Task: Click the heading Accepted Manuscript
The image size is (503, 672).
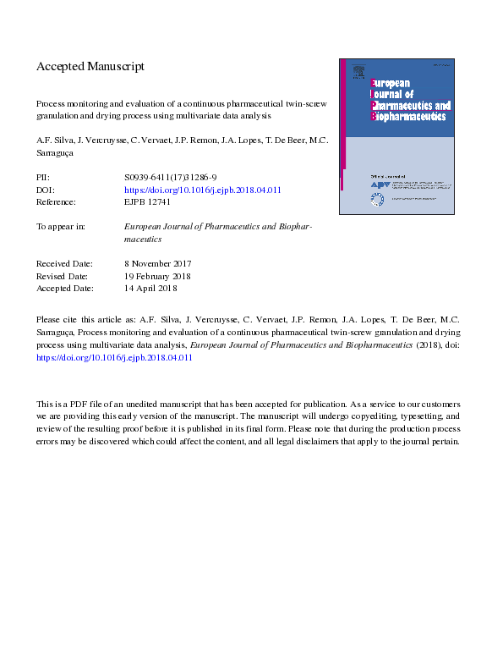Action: coord(90,66)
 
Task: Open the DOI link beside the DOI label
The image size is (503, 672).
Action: coord(202,190)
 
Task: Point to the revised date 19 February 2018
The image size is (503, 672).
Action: coord(157,276)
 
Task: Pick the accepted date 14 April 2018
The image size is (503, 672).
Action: coord(150,288)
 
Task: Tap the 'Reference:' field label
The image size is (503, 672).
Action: coord(57,202)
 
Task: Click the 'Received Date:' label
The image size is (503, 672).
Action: coord(65,264)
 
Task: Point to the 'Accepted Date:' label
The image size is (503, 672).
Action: coord(65,288)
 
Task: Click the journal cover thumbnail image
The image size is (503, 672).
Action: coord(396,135)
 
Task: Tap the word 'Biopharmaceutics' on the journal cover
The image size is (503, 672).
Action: coord(410,116)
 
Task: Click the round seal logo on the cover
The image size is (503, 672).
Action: coord(377,199)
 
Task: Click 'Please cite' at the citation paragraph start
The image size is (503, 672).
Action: coord(57,321)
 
